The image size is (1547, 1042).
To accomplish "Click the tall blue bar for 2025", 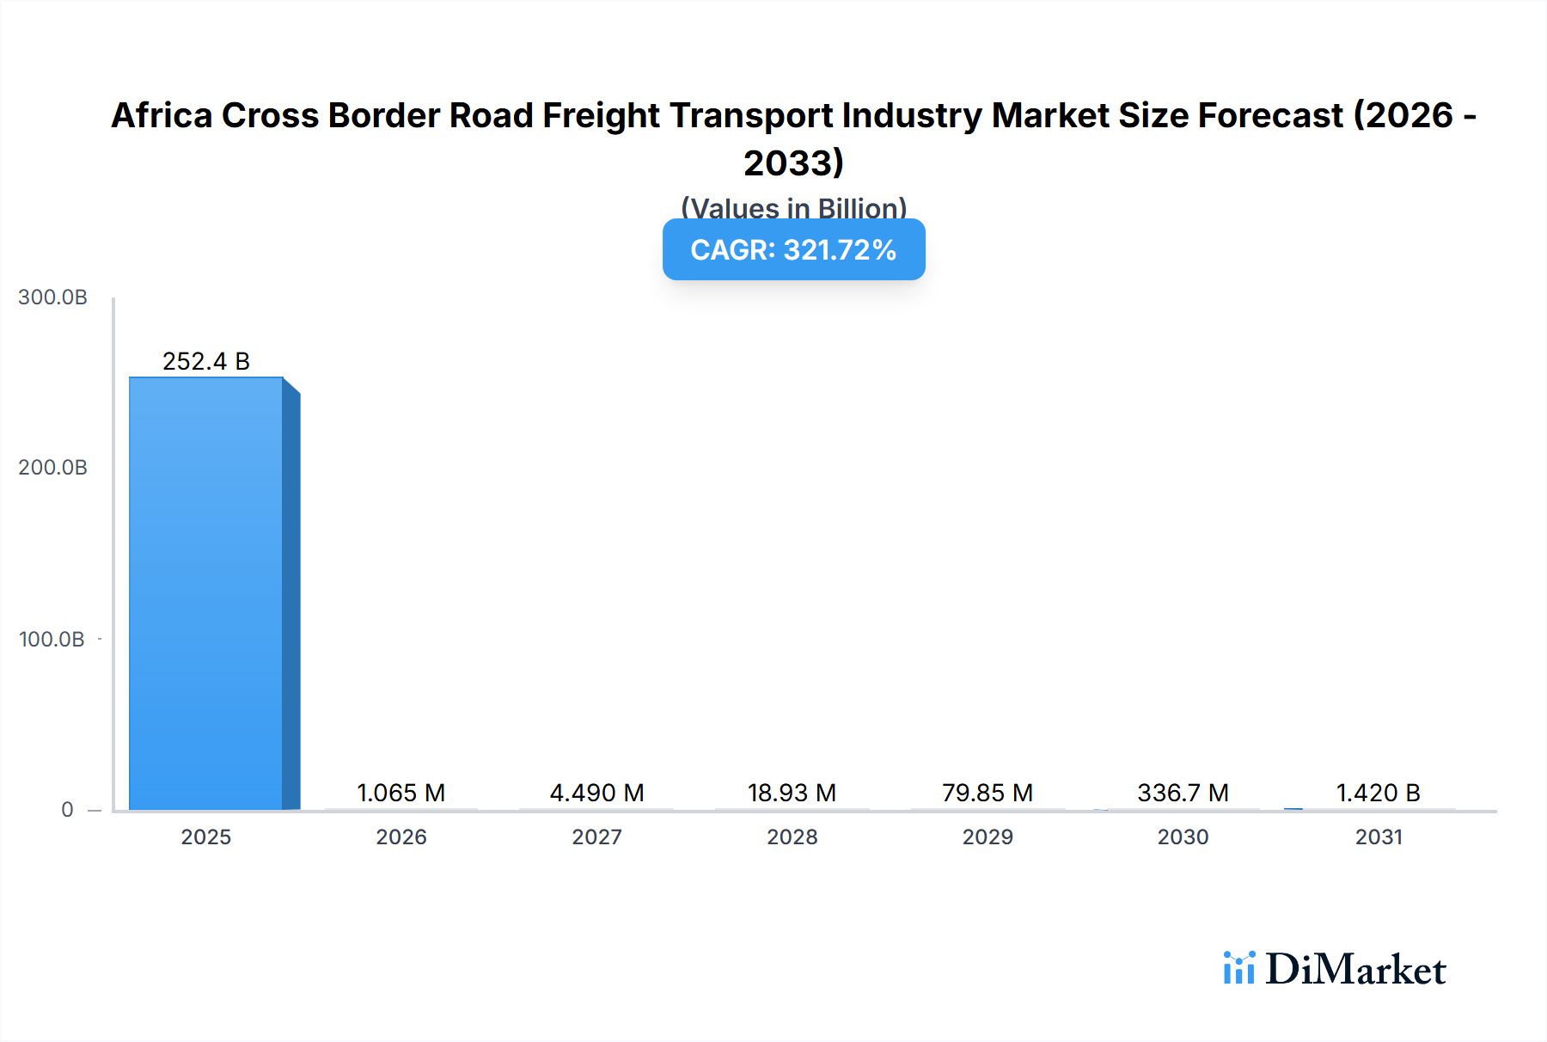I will [x=206, y=593].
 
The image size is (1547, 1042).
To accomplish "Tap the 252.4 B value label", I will [x=206, y=361].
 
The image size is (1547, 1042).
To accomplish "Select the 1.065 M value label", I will [x=401, y=793].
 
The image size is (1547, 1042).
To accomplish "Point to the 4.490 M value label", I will [x=597, y=793].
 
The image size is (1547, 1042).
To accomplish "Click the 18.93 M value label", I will [x=792, y=793].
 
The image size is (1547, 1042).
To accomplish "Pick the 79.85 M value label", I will [x=988, y=793].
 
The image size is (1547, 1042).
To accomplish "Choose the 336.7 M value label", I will [x=1183, y=793].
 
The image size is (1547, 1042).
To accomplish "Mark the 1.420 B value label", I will [x=1379, y=793].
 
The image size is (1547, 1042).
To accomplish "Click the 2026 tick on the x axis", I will [x=401, y=837].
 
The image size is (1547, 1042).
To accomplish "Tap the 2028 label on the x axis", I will [x=792, y=837].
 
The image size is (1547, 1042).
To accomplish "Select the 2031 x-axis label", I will [x=1379, y=837].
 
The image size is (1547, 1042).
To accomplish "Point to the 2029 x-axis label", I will [x=988, y=837].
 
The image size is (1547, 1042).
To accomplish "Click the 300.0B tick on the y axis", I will [x=52, y=297].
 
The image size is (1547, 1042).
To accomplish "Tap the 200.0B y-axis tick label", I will [x=52, y=468].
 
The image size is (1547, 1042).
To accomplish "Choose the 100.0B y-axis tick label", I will [x=52, y=640].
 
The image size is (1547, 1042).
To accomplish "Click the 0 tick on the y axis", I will [x=67, y=810].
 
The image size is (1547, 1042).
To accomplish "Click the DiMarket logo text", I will [x=1355, y=970].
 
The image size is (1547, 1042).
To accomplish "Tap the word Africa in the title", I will [x=162, y=115].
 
